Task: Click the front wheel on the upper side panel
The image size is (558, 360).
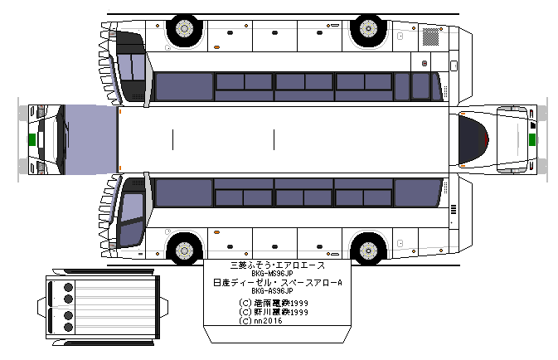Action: coord(183,30)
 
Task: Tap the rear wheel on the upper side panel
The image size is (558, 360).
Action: coord(366,30)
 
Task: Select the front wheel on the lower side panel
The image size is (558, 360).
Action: coord(183,249)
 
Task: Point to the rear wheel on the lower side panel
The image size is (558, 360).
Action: coord(366,249)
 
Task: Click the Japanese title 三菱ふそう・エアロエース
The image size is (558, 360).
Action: coord(277,265)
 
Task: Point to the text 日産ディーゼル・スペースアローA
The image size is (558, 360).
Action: coord(277,283)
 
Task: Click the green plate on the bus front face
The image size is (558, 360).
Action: coord(32,139)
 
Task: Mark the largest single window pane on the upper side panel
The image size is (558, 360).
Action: coord(183,86)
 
